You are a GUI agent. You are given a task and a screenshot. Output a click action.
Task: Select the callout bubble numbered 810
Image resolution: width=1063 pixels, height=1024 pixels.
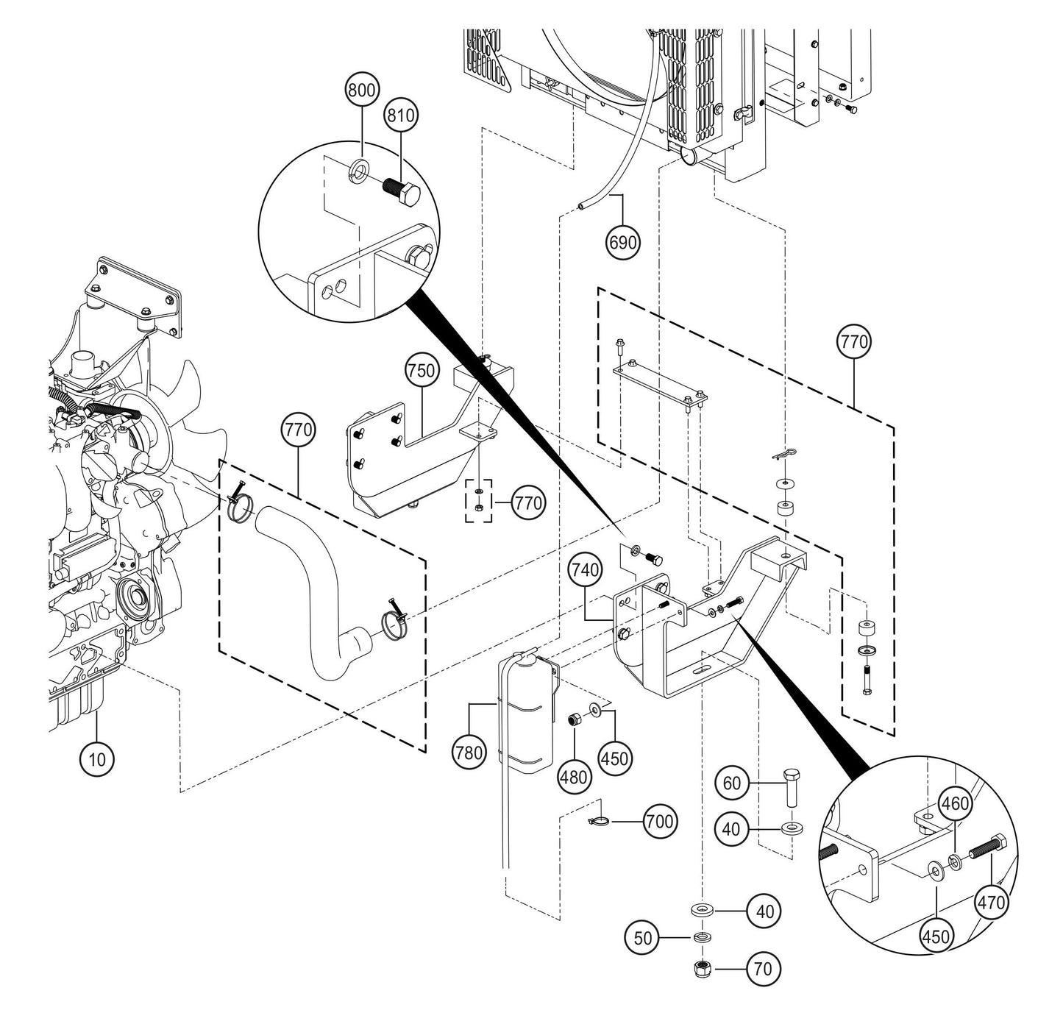402,115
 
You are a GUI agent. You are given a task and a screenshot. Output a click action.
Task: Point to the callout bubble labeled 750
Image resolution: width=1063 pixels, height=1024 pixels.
422,371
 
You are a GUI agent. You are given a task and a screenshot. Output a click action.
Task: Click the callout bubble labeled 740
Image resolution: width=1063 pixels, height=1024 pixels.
585,569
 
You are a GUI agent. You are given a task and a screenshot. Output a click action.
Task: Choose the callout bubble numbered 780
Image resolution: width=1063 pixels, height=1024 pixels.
470,752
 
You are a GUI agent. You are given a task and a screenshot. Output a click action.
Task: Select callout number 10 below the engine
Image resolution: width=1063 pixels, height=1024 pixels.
98,758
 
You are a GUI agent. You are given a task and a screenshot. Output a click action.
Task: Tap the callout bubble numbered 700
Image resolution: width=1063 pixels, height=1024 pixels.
658,821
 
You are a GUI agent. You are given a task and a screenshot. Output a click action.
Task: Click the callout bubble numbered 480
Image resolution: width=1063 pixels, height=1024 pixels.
574,776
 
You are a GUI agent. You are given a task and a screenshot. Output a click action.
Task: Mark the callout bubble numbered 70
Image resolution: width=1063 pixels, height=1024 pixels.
764,970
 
